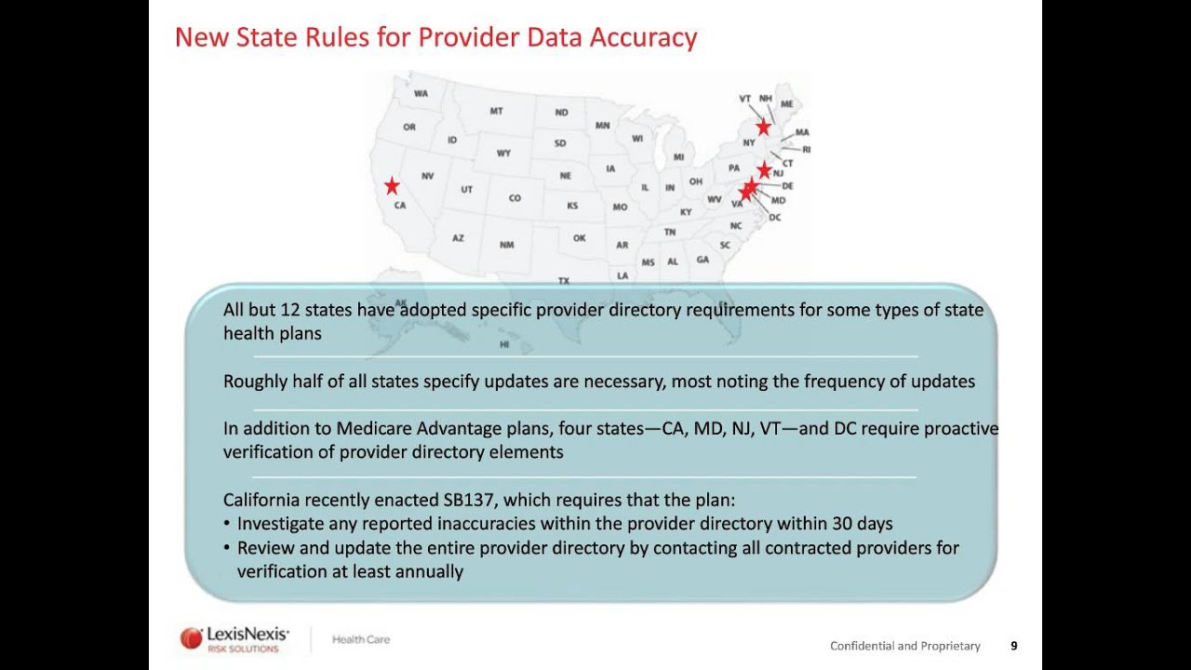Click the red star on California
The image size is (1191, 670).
pyautogui.click(x=392, y=186)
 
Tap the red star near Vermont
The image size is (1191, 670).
pyautogui.click(x=763, y=127)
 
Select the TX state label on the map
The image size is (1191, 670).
pyautogui.click(x=563, y=280)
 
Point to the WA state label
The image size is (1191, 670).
pyautogui.click(x=421, y=94)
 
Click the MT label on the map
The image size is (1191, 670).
pyautogui.click(x=496, y=112)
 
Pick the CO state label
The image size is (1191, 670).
pyautogui.click(x=515, y=198)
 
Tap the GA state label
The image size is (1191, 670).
pyautogui.click(x=703, y=260)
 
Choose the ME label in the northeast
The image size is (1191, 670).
pyautogui.click(x=787, y=104)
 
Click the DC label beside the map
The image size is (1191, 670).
pyautogui.click(x=775, y=218)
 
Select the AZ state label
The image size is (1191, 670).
pyautogui.click(x=458, y=238)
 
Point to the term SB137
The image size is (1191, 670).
pyautogui.click(x=470, y=500)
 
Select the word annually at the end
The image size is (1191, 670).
pyautogui.click(x=429, y=571)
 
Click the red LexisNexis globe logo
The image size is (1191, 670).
pyautogui.click(x=191, y=637)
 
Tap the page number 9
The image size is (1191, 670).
pyautogui.click(x=1014, y=646)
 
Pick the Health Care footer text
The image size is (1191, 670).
pyautogui.click(x=361, y=639)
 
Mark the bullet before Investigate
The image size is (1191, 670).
pyautogui.click(x=227, y=524)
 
